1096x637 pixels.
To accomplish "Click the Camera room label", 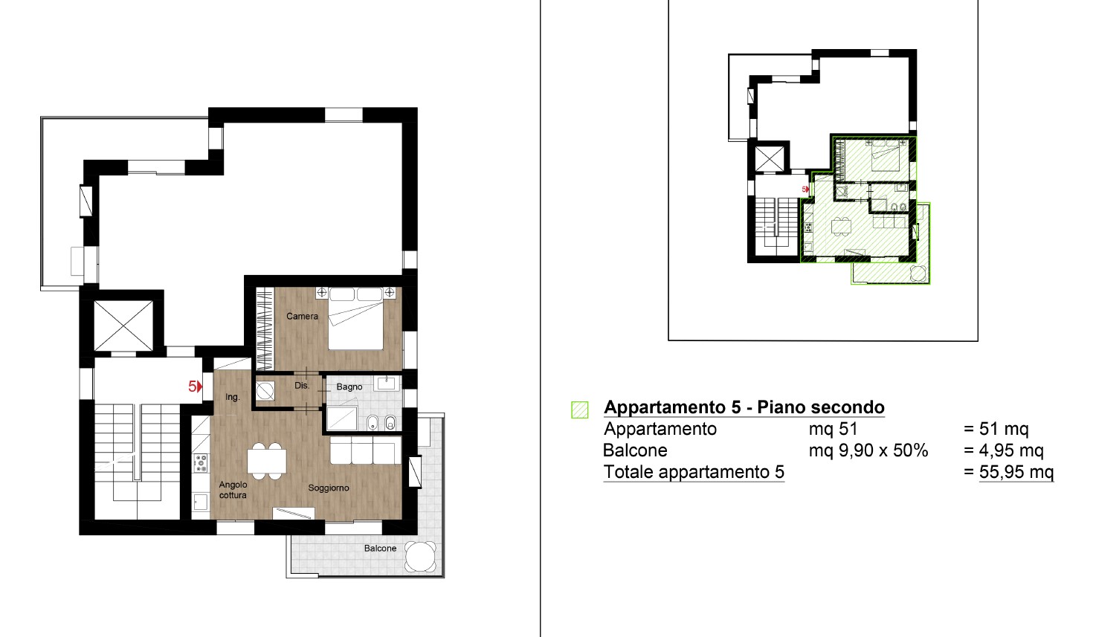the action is point(302,316).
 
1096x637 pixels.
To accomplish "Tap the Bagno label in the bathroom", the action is point(349,387).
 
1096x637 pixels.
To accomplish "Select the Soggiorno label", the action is point(329,488).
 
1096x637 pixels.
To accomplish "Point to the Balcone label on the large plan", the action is point(380,549).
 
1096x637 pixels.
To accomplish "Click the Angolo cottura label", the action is point(233,490).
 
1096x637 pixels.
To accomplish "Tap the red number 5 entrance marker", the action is point(196,387).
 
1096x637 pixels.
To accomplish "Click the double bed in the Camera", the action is point(355,318).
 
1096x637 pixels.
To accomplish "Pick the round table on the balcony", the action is point(420,556).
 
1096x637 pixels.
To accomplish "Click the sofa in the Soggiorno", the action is point(366,450).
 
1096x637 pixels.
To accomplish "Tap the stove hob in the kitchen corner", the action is point(201,463).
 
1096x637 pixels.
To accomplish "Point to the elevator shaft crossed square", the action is point(123,326).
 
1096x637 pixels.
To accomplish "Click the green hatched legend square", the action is point(580,410).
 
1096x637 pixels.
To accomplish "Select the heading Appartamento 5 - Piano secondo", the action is point(744,407).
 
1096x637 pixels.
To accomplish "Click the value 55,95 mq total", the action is point(1016,472).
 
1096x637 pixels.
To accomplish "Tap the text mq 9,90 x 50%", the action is point(868,450).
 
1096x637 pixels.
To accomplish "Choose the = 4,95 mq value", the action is point(1004,450).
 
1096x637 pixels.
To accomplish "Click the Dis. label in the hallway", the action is point(302,386).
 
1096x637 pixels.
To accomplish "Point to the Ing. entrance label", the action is point(233,397).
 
